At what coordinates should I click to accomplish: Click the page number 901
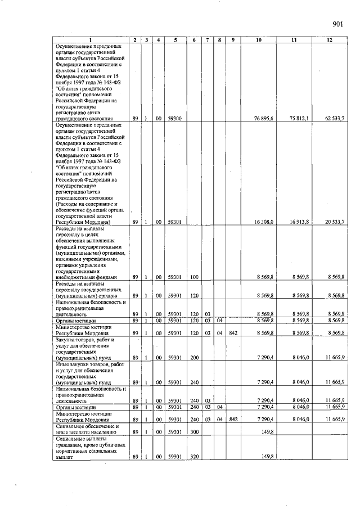coord(337,24)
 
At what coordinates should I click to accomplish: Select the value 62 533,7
coord(335,119)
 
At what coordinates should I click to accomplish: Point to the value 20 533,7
coord(335,222)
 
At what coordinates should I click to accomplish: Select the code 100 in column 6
coord(195,277)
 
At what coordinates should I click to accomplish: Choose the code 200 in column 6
coord(195,358)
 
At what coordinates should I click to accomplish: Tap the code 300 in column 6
coord(195,432)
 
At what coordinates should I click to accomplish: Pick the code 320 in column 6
coord(195,457)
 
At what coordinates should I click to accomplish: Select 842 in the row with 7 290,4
coord(233,419)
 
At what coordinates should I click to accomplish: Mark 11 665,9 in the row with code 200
coord(335,358)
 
